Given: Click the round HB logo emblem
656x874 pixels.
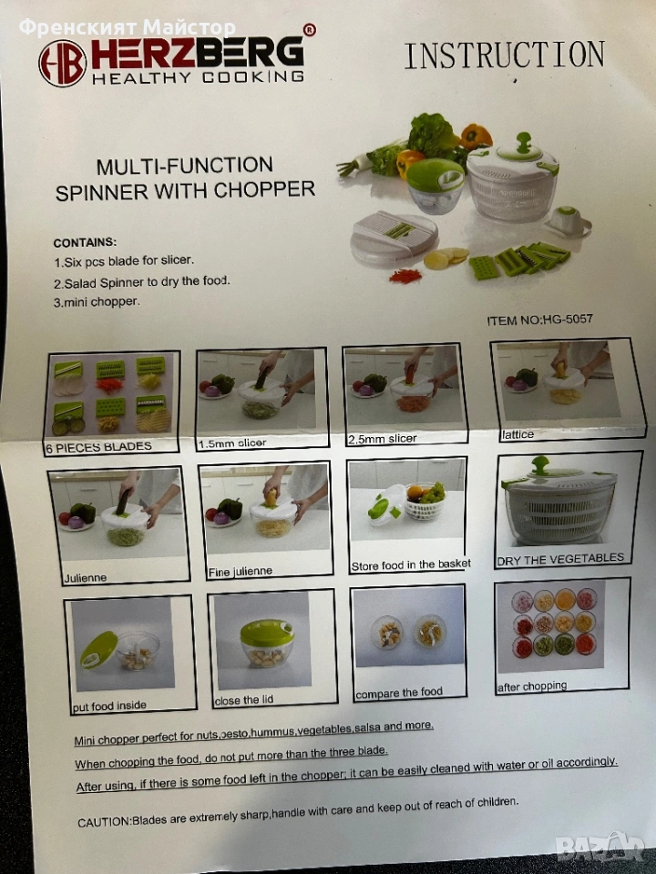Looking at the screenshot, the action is coord(62,64).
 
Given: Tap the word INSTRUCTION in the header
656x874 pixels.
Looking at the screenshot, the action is coord(504,56).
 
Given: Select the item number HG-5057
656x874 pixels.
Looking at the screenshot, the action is coord(567,320).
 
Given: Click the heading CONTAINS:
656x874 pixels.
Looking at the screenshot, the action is coord(85,242).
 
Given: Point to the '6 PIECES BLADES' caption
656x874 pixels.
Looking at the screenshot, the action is coord(98,447).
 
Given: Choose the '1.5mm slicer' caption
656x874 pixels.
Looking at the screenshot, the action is coord(232,443).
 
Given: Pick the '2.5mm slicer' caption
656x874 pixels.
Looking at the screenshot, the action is coord(382,439).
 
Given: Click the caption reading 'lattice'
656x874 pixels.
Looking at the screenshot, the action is coord(518,435).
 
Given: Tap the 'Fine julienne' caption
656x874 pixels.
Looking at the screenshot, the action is coord(241,572).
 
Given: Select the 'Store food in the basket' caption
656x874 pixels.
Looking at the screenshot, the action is coord(411,565).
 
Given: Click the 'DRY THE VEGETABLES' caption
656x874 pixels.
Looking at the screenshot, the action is coord(560,559).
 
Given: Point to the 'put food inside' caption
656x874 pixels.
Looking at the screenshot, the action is coord(109,706).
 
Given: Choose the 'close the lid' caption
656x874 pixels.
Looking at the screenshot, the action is coord(244,700).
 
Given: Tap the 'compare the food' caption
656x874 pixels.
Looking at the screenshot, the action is coord(399,693).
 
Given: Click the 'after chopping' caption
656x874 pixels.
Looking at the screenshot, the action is coord(532,686).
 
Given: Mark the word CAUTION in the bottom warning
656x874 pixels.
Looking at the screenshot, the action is coord(103,822).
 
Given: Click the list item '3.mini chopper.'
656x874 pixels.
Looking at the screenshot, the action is coord(97,302).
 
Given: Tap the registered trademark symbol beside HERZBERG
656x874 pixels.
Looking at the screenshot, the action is coord(310,29).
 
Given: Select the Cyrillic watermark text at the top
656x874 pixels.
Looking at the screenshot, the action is coord(128,26).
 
